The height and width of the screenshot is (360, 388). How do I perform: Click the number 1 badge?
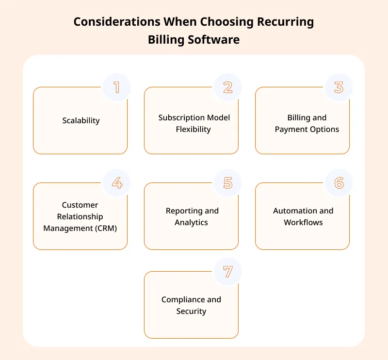116,87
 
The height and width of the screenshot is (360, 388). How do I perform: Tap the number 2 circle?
227,87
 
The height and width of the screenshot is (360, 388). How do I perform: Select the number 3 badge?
339,87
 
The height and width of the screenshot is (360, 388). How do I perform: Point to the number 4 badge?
116,183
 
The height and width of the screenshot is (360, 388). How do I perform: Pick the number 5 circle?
227,183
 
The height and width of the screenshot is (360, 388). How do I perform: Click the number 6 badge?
339,183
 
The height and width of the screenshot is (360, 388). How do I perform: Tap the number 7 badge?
227,272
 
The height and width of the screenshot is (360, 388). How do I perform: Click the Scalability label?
81,121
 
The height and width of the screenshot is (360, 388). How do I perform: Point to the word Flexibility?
193,130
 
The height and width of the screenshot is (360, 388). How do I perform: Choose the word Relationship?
80,217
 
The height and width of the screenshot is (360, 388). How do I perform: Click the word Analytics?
191,223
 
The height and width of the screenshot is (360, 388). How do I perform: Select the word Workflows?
304,222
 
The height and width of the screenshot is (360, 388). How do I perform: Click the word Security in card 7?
191,311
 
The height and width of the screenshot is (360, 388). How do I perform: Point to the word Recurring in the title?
285,22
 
